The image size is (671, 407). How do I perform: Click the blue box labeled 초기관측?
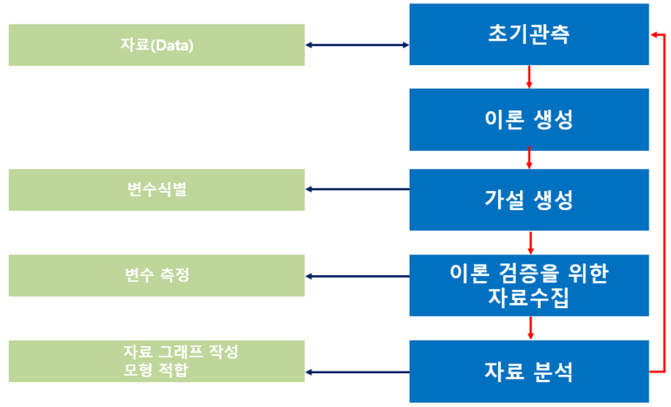[x=529, y=35]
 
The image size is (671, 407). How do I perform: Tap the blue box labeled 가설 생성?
[x=529, y=200]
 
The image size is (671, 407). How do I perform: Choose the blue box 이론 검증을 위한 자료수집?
[x=529, y=286]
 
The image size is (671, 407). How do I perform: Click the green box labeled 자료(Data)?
[x=156, y=44]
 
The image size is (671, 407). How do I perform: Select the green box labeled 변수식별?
[x=156, y=189]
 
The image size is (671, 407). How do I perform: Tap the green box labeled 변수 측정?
[x=156, y=276]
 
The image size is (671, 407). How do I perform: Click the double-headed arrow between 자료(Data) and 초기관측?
[x=357, y=44]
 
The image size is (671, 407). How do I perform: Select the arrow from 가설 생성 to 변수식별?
[x=357, y=189]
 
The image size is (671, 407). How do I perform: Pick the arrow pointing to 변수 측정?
[x=357, y=277]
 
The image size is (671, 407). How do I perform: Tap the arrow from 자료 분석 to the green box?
[x=357, y=372]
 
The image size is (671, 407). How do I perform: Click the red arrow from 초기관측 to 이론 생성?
[x=529, y=77]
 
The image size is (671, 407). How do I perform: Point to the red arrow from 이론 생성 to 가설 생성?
[x=529, y=159]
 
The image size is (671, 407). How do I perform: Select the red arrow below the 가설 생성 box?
[x=529, y=242]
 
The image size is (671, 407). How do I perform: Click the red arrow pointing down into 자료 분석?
[x=529, y=328]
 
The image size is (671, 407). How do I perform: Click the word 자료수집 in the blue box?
[x=529, y=299]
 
